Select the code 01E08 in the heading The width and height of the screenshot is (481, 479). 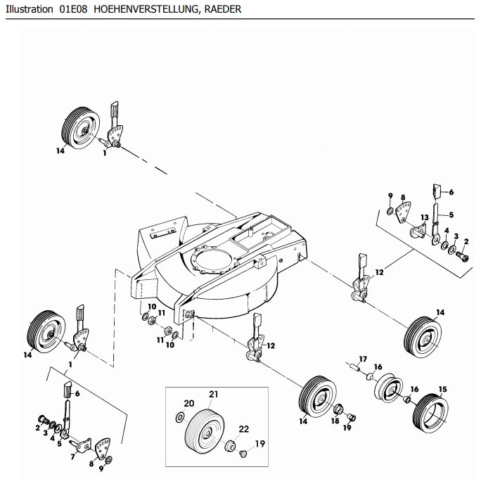point(72,10)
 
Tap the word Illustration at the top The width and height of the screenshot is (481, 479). point(29,10)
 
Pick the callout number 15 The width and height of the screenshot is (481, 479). point(442,389)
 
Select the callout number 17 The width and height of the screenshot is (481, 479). point(364,359)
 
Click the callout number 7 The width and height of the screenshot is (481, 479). point(73,456)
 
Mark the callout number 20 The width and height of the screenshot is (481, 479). point(188,403)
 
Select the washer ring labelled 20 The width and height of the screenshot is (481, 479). point(180,418)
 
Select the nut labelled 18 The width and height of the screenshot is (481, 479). point(338,409)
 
